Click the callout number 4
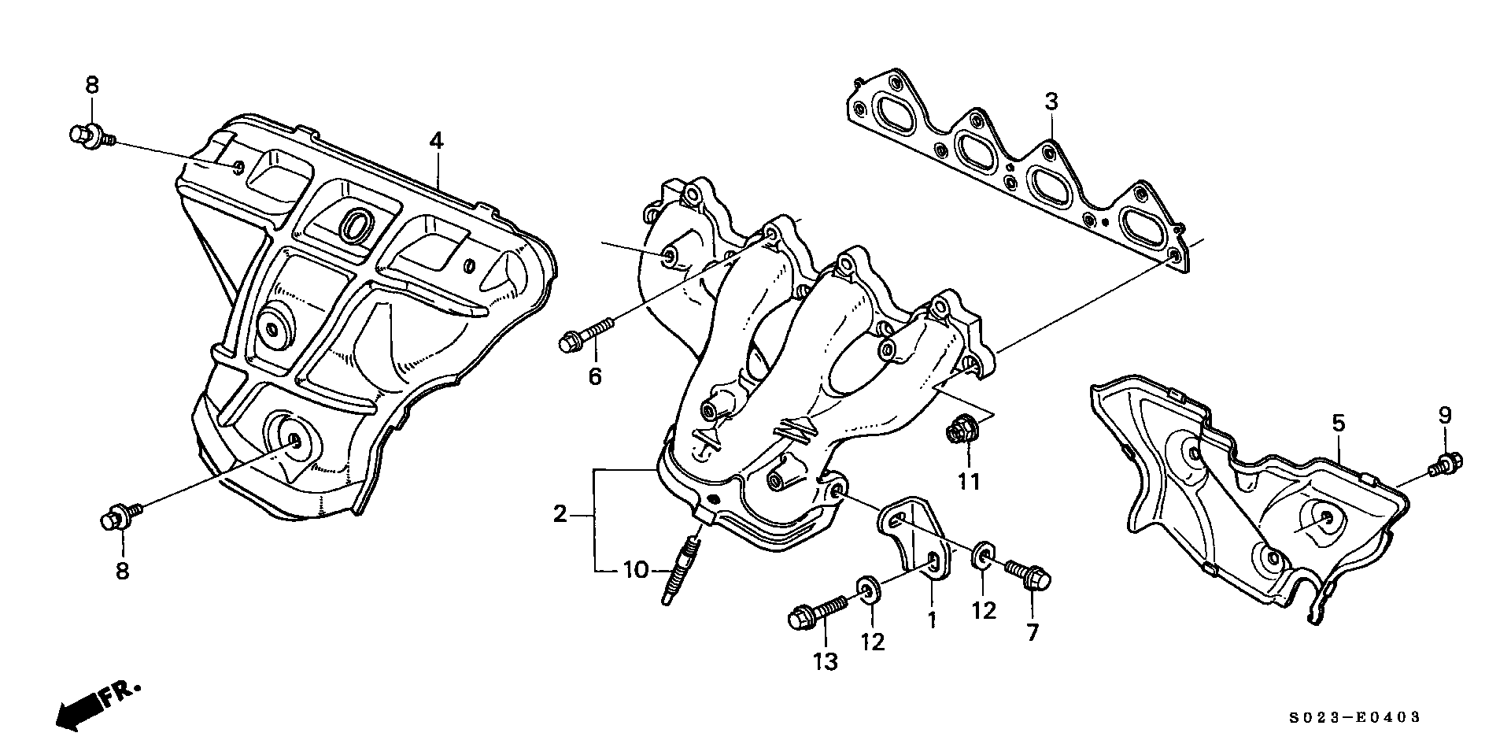(436, 141)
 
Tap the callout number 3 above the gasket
(1051, 102)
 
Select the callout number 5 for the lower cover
(1339, 424)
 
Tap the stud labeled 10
(679, 569)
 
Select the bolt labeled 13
(816, 612)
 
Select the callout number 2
(560, 515)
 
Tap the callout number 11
(970, 481)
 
